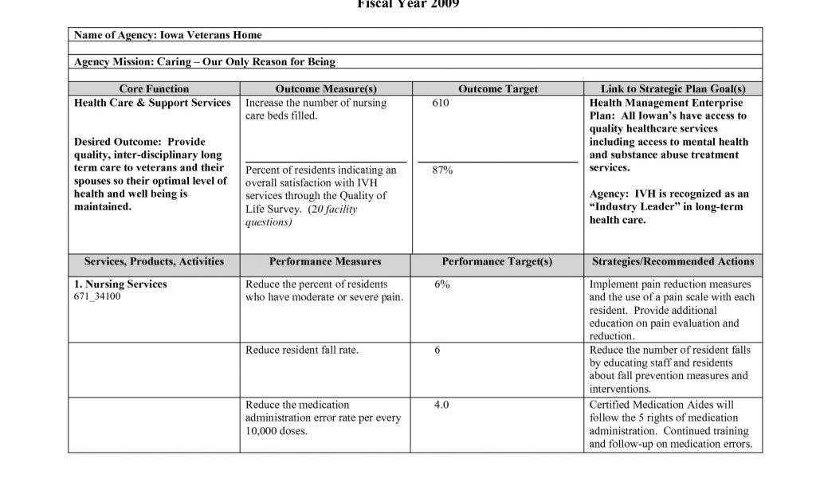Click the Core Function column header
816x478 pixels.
coord(154,89)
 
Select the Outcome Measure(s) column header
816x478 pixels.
coord(326,89)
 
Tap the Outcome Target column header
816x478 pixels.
coord(498,89)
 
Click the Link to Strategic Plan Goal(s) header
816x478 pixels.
coord(673,89)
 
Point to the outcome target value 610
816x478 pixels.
coord(440,103)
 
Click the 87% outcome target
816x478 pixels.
coord(442,170)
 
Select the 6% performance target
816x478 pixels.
coord(442,284)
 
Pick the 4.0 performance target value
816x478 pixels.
coord(441,405)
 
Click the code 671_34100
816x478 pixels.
coord(97,297)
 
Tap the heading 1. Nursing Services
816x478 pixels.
coord(120,284)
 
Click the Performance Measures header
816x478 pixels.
coord(325,261)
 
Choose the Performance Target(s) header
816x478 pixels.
coord(496,261)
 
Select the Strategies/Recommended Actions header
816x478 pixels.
coord(673,261)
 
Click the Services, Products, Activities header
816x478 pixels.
coord(154,261)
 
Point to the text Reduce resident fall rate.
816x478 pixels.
coord(302,350)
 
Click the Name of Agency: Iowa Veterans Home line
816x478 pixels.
coord(168,35)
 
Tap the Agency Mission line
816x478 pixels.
coord(205,62)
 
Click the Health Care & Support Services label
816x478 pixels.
coord(152,103)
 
